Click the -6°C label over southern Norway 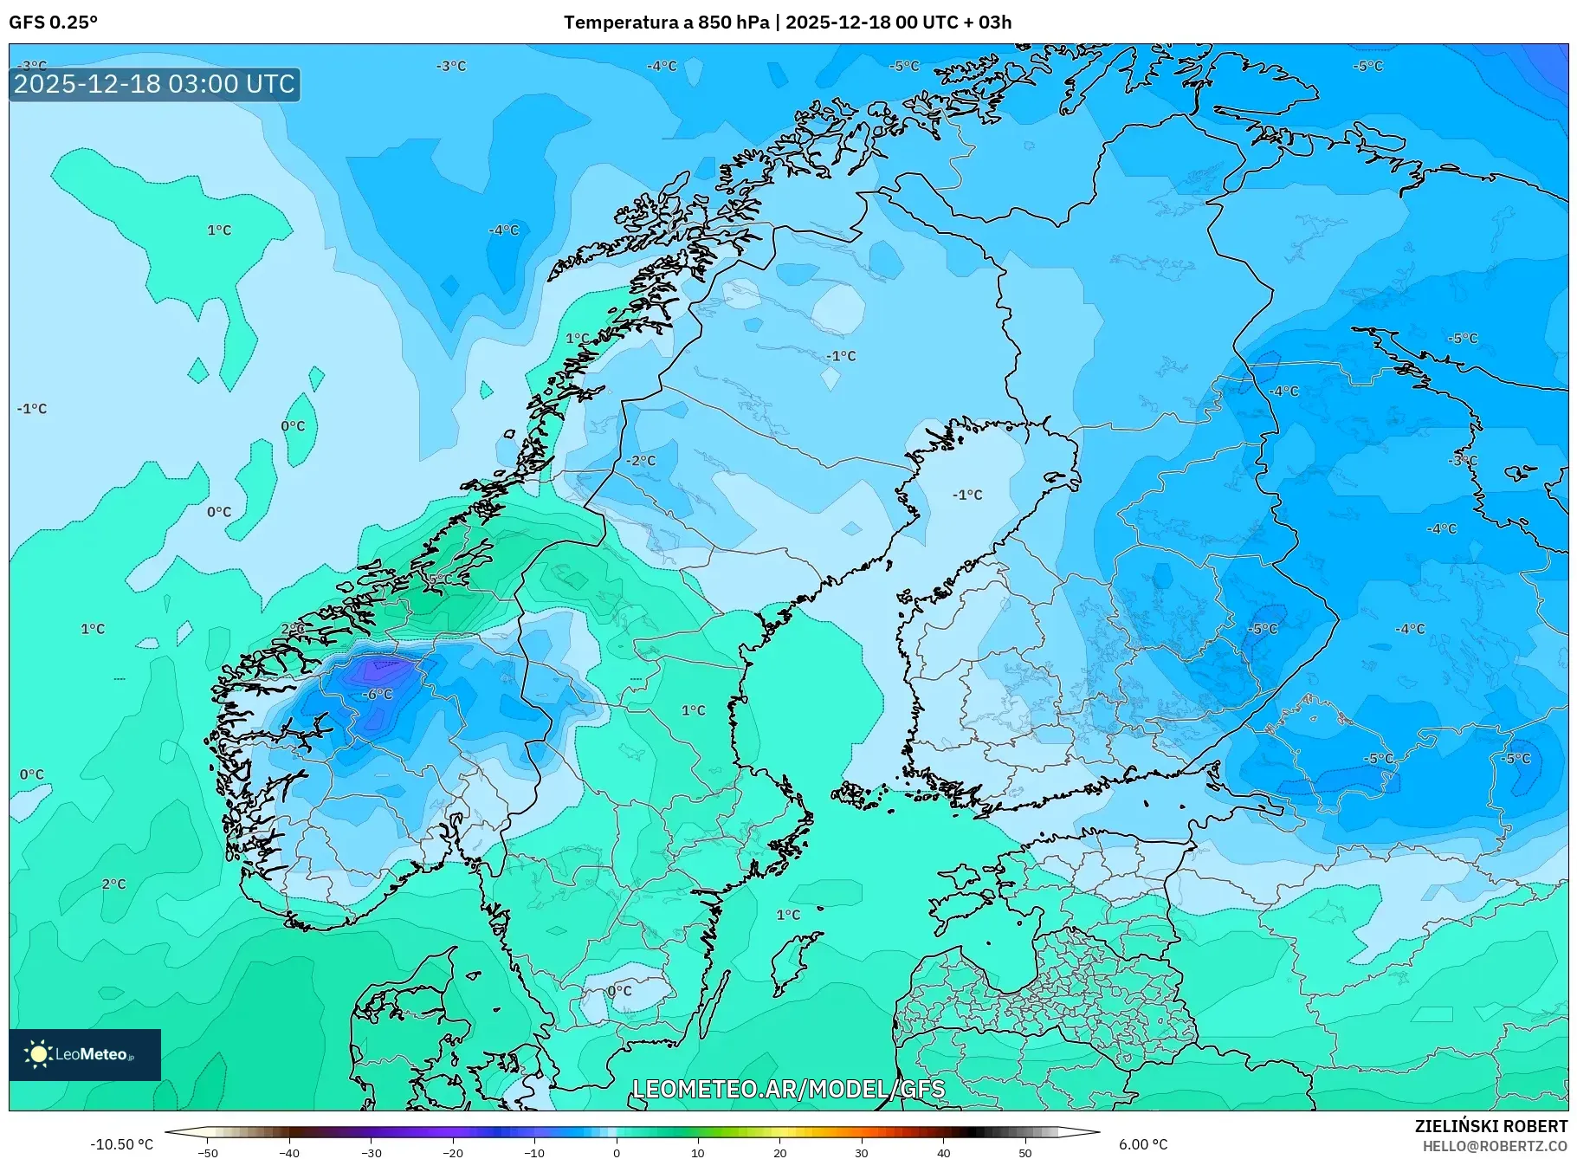378,695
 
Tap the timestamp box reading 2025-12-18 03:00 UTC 155,84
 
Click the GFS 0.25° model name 54,23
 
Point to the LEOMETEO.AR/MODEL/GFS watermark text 788,1089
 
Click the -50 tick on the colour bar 208,1152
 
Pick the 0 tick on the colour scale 617,1152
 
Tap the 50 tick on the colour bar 1025,1152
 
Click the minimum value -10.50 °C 121,1144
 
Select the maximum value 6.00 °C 1143,1144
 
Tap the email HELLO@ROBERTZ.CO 1496,1146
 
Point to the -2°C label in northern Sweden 642,461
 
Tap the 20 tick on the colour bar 780,1152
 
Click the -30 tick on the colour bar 372,1152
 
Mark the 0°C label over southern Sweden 620,991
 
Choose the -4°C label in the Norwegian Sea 504,230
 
